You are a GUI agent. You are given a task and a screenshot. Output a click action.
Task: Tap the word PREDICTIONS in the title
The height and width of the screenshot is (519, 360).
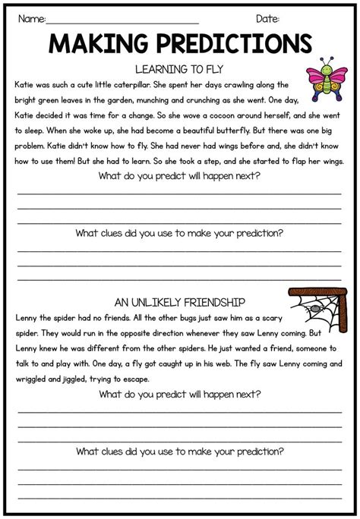tap(226, 43)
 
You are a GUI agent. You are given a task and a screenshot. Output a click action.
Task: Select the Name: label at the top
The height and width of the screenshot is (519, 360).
tap(31, 17)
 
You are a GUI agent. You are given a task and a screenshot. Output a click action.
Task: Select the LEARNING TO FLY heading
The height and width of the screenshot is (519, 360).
tap(179, 68)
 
